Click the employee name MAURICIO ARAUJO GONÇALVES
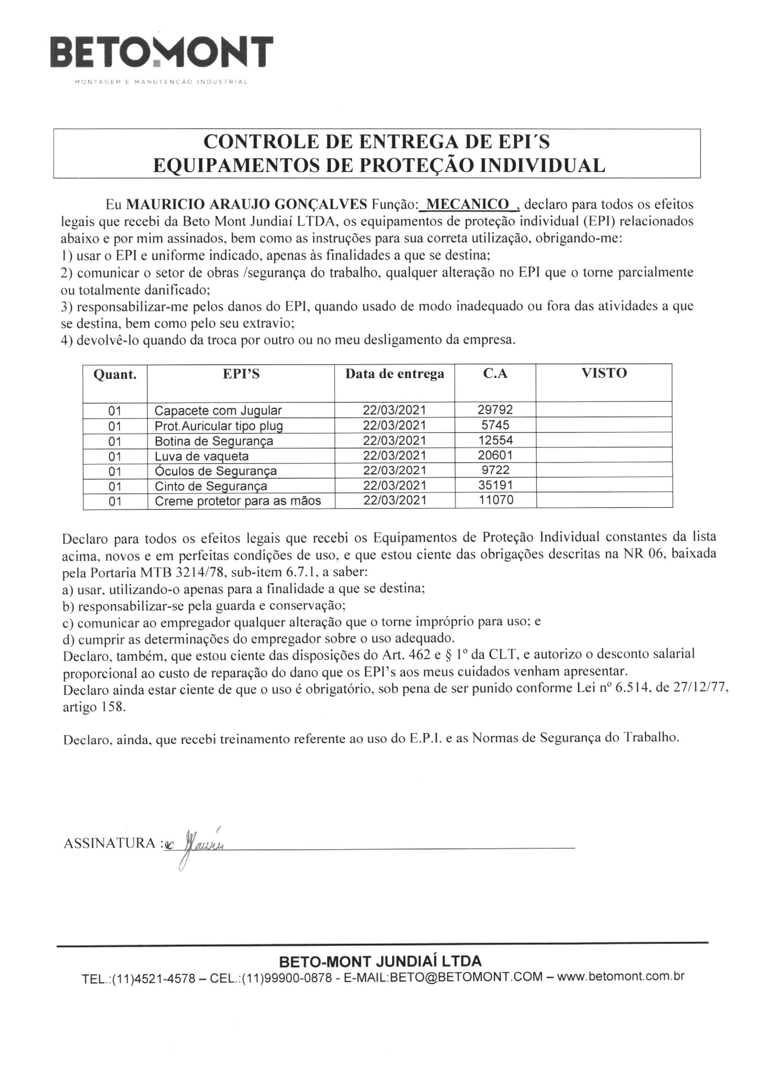247,204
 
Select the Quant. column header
115,375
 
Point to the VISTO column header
604,373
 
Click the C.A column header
495,374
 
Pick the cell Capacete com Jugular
218,411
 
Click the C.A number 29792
495,410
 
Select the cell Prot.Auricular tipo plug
219,426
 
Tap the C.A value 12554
495,440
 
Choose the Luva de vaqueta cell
202,456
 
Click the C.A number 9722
496,470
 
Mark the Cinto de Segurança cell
211,486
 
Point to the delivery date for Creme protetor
395,500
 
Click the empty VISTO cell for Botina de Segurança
604,440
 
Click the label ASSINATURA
110,843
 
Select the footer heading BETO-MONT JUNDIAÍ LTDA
380,961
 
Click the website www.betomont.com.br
621,976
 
